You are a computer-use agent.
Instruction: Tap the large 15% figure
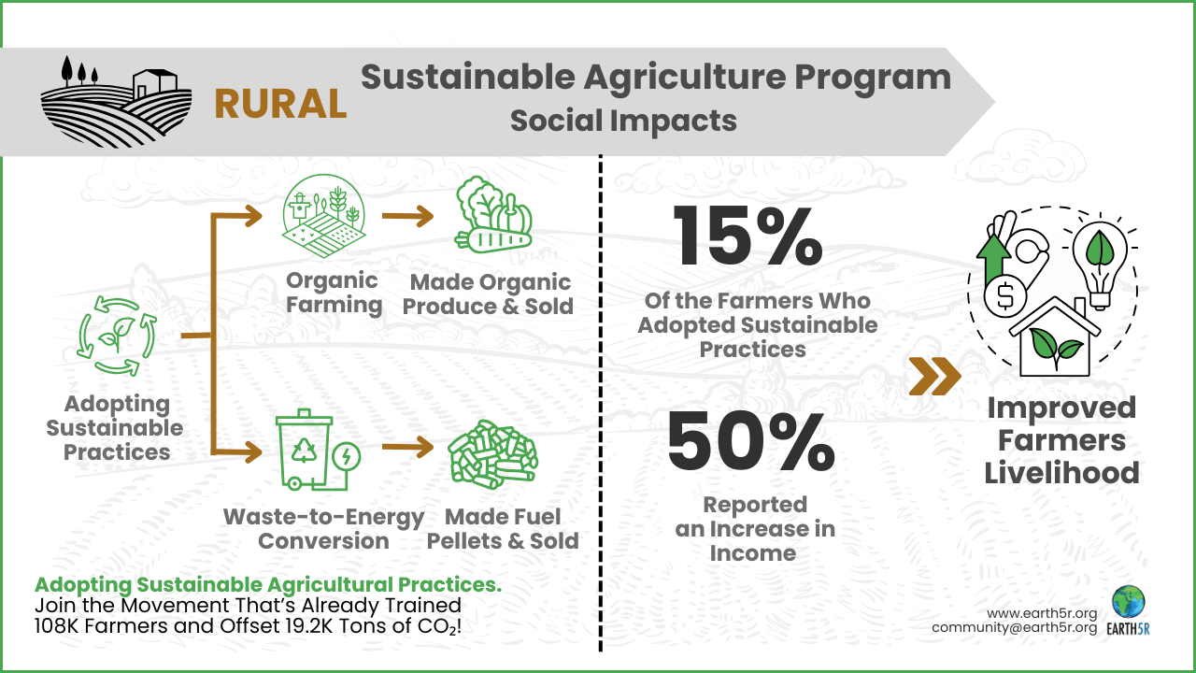(x=747, y=236)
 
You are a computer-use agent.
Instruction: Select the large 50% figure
(x=750, y=443)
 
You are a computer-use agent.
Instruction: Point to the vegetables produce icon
(x=493, y=217)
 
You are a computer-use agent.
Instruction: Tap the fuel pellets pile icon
(x=492, y=451)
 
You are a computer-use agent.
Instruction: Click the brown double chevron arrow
(x=934, y=376)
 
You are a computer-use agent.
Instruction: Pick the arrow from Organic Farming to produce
(x=407, y=217)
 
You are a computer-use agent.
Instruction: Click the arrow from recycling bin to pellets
(x=407, y=448)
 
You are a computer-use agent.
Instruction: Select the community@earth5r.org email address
(x=1014, y=627)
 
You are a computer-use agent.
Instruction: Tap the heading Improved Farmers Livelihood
(x=1061, y=440)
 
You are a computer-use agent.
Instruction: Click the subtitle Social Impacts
(x=623, y=121)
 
